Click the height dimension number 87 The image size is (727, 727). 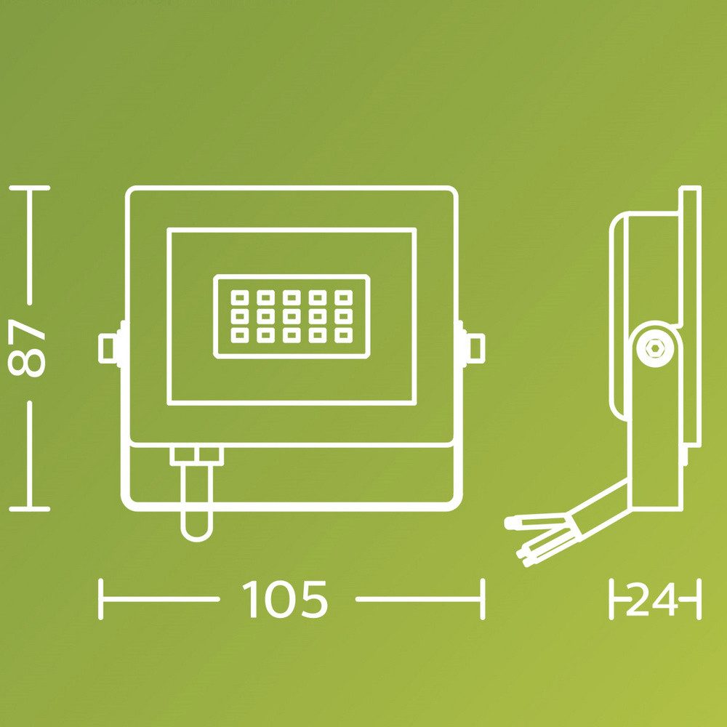(x=27, y=347)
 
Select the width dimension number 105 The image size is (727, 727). (x=285, y=599)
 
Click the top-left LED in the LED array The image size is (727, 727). (x=240, y=297)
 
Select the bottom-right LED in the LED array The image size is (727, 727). (x=344, y=335)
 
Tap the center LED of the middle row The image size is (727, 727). (x=292, y=316)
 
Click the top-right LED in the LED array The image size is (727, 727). (x=344, y=297)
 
